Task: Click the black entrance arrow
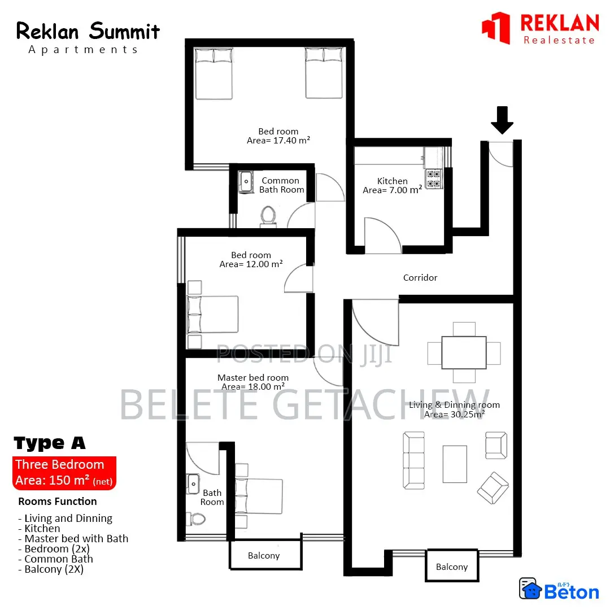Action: pos(502,119)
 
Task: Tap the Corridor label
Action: pos(420,278)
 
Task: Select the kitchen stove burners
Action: pos(434,178)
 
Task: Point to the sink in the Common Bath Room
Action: pos(247,182)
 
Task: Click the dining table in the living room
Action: pos(464,352)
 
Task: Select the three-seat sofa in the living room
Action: pos(413,460)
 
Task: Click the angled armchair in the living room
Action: pos(493,487)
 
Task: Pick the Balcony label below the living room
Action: pos(452,567)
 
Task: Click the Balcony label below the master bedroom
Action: pos(264,556)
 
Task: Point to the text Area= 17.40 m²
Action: pos(278,141)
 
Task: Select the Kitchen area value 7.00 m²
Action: pos(392,190)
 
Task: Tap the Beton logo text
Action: pos(571,592)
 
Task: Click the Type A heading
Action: pos(50,443)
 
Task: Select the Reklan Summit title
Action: pos(88,31)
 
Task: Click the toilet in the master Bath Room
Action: pos(196,518)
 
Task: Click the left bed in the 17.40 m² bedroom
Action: pos(213,73)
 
